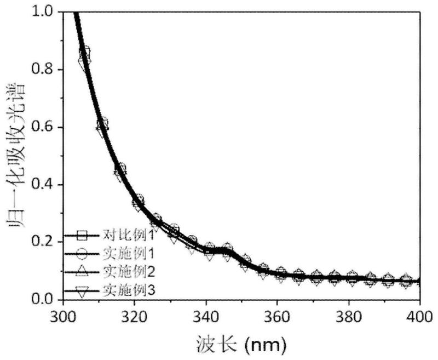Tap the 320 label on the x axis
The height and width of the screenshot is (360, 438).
coord(135,316)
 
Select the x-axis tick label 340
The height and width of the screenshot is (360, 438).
coord(206,316)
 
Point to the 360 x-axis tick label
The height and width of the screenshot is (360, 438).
coord(277,316)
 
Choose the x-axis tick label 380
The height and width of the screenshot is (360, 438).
coord(348,316)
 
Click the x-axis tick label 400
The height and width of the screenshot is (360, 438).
coord(419,316)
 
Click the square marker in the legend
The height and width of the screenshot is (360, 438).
coord(82,236)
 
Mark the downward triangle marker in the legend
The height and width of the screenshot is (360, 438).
coord(82,292)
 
